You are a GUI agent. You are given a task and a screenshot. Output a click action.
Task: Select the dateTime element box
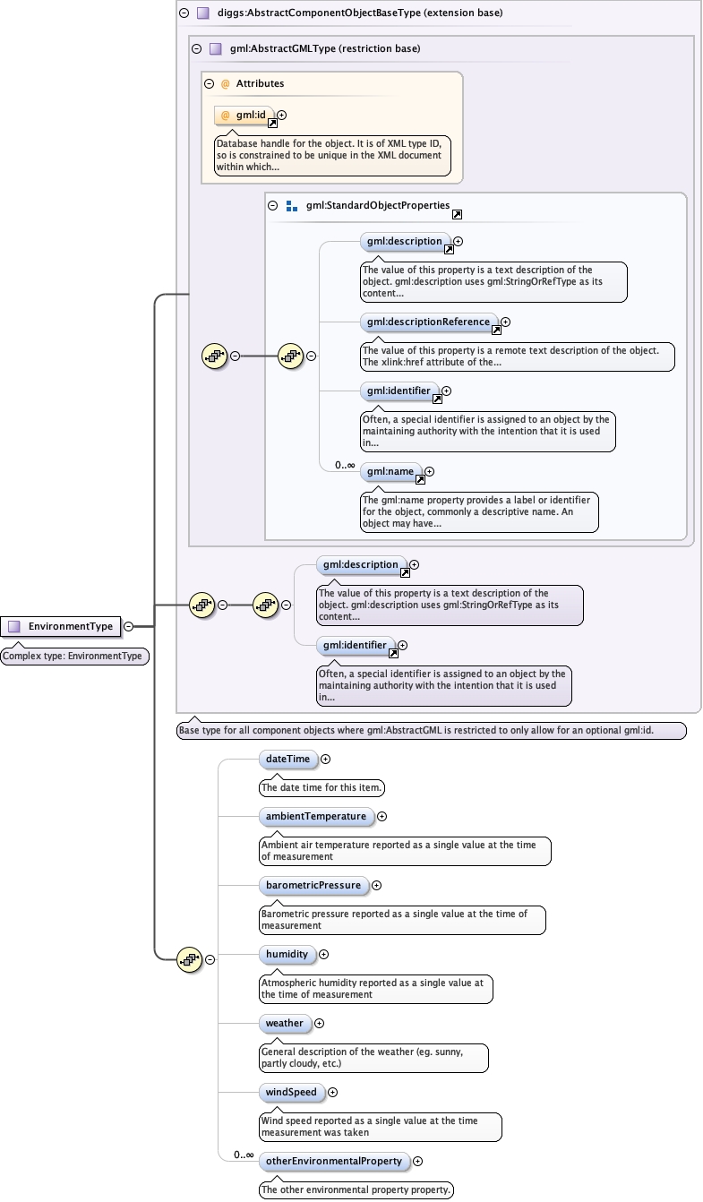coord(287,759)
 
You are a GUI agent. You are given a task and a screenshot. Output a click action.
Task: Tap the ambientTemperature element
coord(316,816)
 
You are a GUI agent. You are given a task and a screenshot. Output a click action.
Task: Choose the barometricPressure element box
coord(313,885)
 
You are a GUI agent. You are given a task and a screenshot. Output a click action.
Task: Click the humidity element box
coord(286,954)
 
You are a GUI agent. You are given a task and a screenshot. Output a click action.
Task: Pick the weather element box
coord(284,1023)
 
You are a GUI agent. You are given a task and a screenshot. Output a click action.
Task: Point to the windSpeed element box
coord(291,1092)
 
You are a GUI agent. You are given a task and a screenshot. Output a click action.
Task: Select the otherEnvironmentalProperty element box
coord(334,1161)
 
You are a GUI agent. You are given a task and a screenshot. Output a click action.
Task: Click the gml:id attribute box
coord(244,115)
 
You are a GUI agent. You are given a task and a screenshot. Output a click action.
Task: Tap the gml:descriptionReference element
coord(428,322)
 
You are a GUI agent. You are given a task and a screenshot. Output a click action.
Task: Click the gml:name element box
coord(390,471)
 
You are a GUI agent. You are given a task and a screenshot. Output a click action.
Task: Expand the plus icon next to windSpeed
coord(333,1092)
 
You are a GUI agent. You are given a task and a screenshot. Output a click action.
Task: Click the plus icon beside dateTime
coord(325,759)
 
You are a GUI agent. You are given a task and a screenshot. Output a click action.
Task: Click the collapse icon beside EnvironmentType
coord(129,626)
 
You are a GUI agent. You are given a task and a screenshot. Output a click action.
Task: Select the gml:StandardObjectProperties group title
coord(377,205)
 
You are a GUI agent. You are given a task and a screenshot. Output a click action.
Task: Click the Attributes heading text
coord(260,83)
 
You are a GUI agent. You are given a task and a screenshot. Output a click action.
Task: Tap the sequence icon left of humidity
coord(189,959)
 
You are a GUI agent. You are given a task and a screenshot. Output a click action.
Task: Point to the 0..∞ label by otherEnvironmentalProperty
coord(244,1155)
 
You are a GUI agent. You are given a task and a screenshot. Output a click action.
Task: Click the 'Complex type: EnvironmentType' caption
coord(73,656)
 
